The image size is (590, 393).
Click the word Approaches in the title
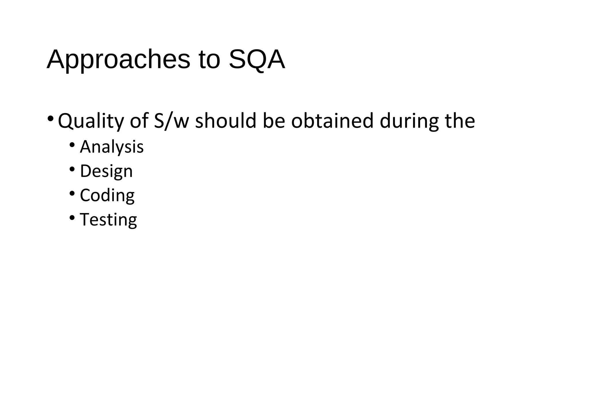coord(118,60)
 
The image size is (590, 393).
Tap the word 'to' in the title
coord(209,60)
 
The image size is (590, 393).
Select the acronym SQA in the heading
coord(257,60)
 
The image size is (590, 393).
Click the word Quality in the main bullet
coord(91,121)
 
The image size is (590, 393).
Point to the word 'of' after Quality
coord(139,121)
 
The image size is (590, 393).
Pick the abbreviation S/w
coord(171,121)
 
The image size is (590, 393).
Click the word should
coord(226,121)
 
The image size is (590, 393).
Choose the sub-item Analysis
coord(112,147)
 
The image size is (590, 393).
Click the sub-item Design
coord(106,171)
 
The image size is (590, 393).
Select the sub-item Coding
coord(107,195)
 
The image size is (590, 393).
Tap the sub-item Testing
coord(108,219)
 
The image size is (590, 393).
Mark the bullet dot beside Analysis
coord(72,144)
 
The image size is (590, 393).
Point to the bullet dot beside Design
coord(72,168)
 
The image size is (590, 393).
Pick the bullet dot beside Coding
coord(72,193)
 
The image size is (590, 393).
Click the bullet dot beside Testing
coord(72,217)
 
